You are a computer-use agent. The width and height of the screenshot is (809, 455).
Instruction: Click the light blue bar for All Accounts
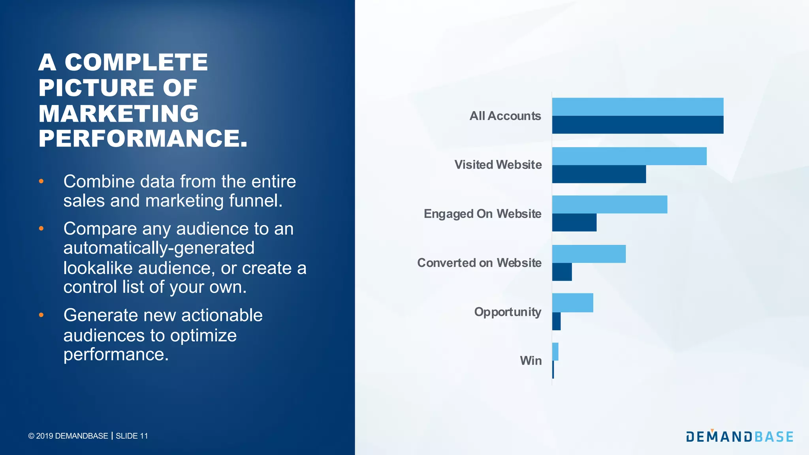(638, 107)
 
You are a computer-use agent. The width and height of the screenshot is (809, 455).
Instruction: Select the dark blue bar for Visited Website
(599, 174)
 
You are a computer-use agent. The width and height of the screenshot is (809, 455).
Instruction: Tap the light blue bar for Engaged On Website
(610, 205)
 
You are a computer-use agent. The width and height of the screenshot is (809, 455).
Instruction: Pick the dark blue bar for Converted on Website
(562, 272)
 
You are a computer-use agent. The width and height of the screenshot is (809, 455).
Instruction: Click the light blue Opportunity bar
(572, 303)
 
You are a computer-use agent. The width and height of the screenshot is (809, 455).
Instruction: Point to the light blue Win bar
(555, 352)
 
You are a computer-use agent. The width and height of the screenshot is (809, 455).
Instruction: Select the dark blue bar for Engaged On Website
(574, 222)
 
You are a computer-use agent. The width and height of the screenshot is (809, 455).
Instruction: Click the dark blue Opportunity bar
(556, 321)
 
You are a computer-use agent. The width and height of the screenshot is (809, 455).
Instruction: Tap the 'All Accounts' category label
(505, 116)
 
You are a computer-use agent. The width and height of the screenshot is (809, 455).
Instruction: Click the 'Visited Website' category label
(498, 165)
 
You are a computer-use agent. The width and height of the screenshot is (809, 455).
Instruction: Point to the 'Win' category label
(531, 361)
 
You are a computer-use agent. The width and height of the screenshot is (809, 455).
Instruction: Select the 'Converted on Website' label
(479, 263)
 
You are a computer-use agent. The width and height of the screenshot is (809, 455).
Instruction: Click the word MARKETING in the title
(119, 113)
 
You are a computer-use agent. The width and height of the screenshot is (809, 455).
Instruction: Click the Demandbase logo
(739, 436)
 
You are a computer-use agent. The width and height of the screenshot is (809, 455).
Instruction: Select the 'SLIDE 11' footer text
(132, 436)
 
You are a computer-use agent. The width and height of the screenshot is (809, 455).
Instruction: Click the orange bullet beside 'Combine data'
(41, 181)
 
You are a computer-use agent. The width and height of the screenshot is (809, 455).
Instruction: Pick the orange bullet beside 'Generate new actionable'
(41, 315)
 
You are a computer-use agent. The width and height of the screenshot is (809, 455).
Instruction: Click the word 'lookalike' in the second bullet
(98, 268)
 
